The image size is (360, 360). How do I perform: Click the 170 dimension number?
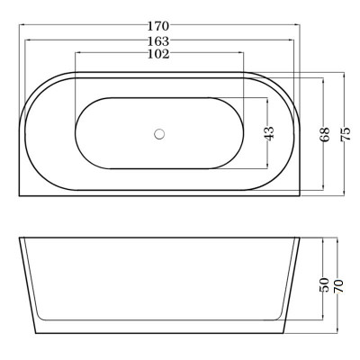158,26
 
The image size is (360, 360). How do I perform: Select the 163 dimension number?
158,40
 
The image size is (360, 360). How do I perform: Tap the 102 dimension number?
158,54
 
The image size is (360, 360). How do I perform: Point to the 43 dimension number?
269,133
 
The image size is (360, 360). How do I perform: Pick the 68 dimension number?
325,134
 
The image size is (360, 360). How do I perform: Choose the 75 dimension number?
346,134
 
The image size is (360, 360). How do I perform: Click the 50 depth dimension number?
324,285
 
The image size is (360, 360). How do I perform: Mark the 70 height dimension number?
338,286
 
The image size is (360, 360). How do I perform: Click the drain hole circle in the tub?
159,134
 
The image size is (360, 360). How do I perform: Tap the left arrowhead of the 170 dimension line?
22,25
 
